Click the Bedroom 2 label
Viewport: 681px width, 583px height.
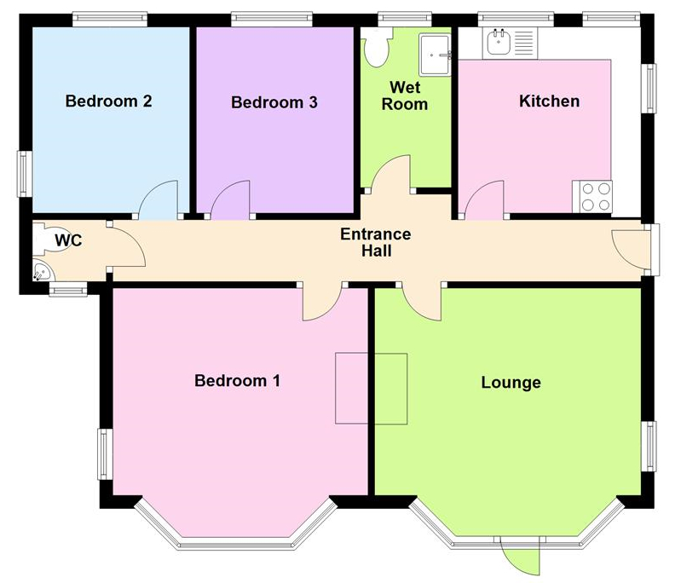click(109, 101)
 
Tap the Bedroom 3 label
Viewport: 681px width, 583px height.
click(274, 103)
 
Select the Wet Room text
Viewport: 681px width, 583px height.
click(408, 95)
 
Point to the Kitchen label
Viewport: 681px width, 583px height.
click(550, 101)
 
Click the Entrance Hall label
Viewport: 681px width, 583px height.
click(375, 243)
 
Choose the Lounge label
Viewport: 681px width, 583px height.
click(511, 382)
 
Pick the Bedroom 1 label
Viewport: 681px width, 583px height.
click(237, 380)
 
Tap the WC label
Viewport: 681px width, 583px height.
click(68, 240)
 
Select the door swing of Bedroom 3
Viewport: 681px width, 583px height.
click(231, 201)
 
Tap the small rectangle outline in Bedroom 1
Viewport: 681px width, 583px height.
click(371, 388)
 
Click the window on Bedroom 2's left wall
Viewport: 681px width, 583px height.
click(26, 173)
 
